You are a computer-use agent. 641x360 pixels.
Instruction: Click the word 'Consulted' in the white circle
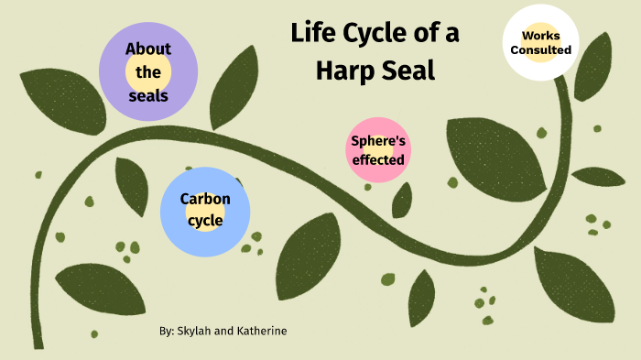pos(541,49)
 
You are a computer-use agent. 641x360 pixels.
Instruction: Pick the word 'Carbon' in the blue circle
pos(205,199)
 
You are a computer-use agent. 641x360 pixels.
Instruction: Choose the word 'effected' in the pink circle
pos(378,159)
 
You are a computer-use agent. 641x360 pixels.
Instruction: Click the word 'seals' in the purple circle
pos(148,94)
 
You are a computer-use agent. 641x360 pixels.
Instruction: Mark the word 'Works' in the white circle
pos(541,35)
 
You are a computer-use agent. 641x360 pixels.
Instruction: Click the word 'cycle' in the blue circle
pos(205,220)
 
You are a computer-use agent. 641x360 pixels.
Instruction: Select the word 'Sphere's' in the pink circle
pos(378,141)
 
